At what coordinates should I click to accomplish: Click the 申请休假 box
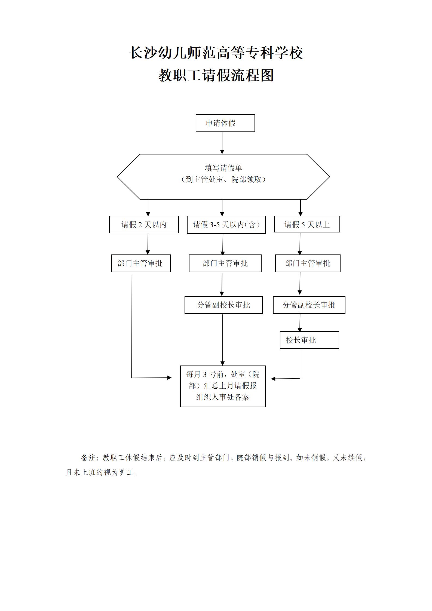pos(225,123)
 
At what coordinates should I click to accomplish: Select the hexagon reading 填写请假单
pos(223,177)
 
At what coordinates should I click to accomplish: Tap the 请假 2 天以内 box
pos(144,225)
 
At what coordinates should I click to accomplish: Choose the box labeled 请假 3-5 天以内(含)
pos(226,225)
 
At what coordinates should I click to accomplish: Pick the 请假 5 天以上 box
pos(307,224)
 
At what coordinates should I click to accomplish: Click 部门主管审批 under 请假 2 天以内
pos(141,263)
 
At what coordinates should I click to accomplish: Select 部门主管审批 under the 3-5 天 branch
pos(225,263)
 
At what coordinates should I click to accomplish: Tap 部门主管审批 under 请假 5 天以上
pos(308,263)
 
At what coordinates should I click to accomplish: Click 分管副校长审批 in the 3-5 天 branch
pos(223,305)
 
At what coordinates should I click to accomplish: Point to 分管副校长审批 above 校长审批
pos(309,305)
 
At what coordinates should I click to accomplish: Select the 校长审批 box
pos(309,340)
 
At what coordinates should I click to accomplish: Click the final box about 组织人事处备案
pos(223,386)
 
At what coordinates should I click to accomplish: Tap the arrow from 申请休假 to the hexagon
pos(222,143)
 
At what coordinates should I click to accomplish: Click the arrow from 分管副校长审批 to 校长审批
pos(300,323)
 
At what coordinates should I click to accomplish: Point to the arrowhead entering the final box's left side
pos(169,377)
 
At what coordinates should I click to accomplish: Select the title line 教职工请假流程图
pos(216,75)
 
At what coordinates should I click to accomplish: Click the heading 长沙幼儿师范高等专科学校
pos(216,53)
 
